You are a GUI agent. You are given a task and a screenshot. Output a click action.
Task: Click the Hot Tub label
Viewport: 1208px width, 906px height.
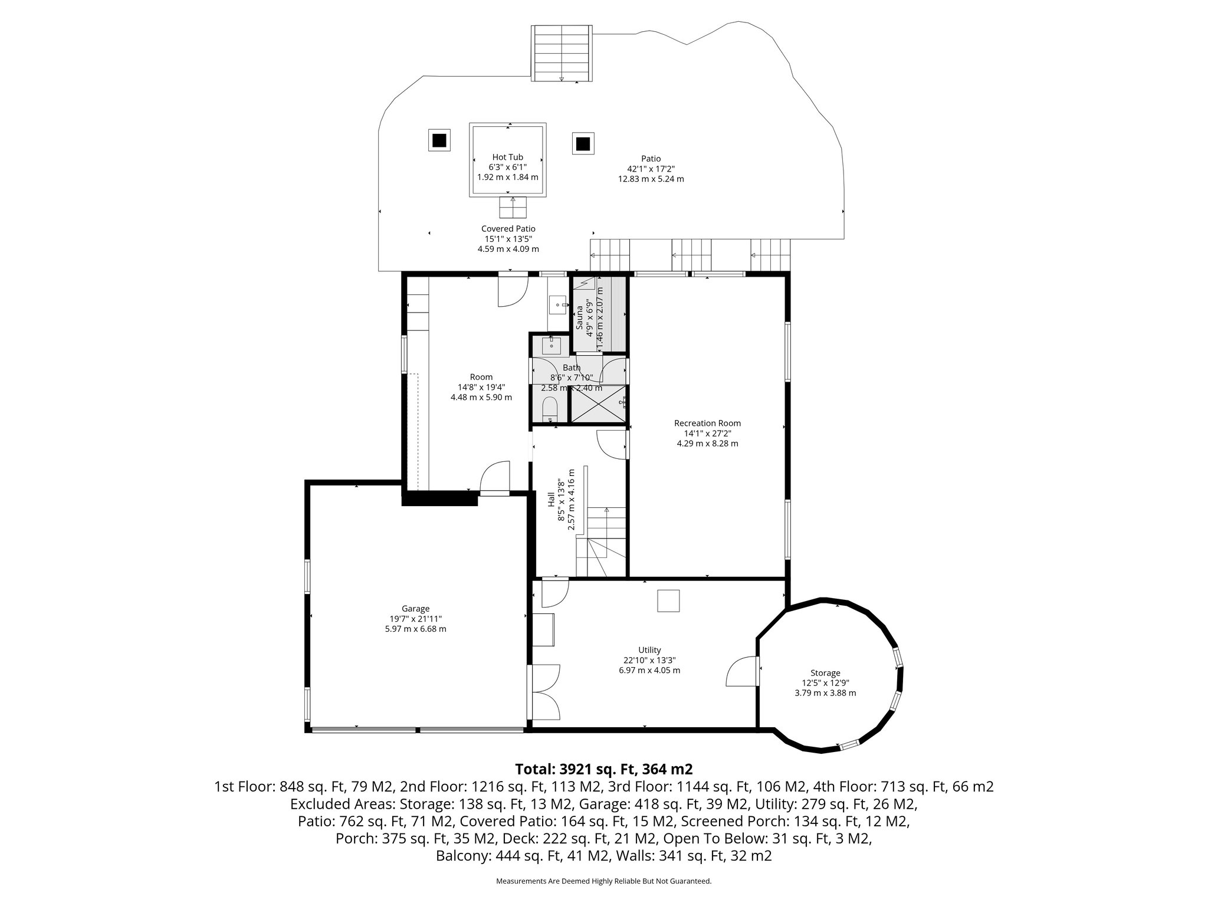507,157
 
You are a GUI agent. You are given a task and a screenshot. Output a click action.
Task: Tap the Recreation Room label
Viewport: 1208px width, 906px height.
707,423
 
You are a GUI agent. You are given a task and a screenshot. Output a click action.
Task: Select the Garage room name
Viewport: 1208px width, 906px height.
415,609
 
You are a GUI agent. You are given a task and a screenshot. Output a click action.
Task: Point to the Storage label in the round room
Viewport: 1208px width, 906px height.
825,673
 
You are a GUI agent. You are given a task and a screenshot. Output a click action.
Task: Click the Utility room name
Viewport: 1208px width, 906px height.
649,650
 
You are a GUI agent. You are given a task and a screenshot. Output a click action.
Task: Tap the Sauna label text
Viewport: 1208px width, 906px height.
579,317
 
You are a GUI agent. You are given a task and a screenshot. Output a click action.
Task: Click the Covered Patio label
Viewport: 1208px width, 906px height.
508,229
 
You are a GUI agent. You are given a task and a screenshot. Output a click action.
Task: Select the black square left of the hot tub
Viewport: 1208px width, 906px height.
438,141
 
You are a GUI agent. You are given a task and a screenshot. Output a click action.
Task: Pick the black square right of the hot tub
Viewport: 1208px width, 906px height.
583,143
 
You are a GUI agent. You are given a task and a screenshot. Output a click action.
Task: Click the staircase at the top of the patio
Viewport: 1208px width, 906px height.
561,53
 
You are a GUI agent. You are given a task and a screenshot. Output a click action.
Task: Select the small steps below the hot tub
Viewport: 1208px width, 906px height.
512,207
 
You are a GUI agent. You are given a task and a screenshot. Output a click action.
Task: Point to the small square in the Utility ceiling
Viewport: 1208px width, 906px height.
668,601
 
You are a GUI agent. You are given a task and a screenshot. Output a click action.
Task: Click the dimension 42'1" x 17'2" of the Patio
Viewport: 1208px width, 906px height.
651,169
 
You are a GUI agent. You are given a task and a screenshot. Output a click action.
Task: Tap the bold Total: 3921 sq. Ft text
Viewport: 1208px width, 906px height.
603,769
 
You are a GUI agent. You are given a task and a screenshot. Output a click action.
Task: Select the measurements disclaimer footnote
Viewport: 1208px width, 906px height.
603,881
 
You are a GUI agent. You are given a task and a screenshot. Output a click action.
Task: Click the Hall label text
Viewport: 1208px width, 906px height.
551,499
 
